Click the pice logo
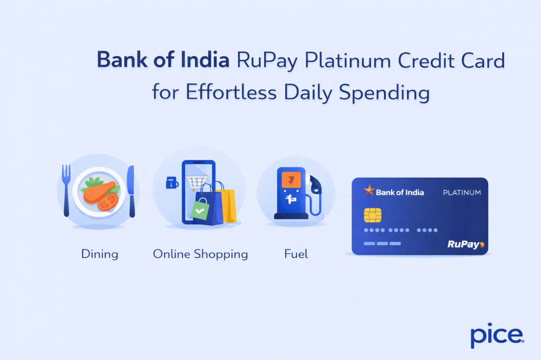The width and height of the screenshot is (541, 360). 497,336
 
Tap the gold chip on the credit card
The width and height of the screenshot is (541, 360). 372,215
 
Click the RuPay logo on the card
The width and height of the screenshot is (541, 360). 466,244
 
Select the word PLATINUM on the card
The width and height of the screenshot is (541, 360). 461,193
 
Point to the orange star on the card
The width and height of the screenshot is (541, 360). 369,191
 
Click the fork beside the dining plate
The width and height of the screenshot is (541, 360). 66,190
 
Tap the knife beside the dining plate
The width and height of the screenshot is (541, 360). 131,191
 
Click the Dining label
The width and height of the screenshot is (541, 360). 100,254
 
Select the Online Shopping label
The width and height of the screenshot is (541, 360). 200,254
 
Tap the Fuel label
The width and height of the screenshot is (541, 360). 296,254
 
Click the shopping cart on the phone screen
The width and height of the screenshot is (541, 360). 197,181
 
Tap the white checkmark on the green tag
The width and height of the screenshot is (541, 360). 200,211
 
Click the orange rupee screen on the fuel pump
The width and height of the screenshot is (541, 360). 290,180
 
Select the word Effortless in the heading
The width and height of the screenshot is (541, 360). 233,93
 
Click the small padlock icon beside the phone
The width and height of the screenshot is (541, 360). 172,183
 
